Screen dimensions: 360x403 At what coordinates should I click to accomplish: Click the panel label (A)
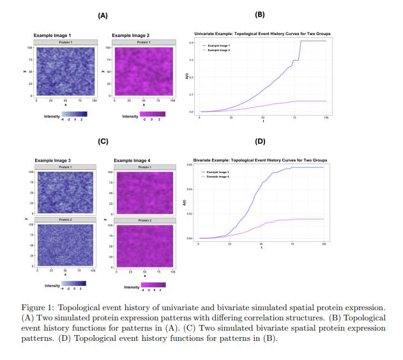pyautogui.click(x=102, y=15)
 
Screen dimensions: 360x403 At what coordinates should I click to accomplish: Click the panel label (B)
pyautogui.click(x=260, y=14)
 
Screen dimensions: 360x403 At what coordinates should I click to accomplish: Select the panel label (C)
pyautogui.click(x=102, y=141)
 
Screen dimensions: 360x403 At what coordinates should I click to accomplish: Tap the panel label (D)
pyautogui.click(x=260, y=142)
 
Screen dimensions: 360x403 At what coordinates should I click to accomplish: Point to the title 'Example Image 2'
pyautogui.click(x=130, y=35)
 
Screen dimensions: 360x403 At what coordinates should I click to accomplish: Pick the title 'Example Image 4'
pyautogui.click(x=133, y=160)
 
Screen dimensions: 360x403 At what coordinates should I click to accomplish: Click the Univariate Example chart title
pyautogui.click(x=262, y=33)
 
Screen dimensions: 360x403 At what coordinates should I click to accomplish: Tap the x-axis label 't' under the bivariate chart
pyautogui.click(x=261, y=248)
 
